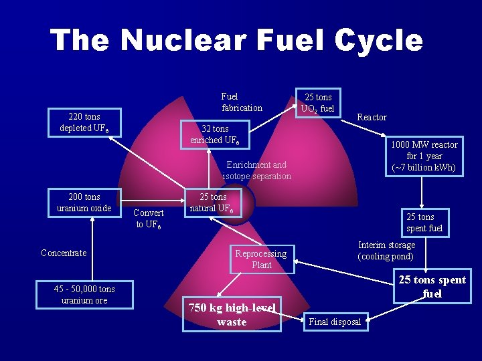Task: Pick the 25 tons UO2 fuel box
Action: tap(318, 103)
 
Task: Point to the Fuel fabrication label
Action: tap(242, 102)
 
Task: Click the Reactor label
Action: tap(372, 117)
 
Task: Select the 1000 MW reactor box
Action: tap(424, 156)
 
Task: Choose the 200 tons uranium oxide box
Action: tap(84, 203)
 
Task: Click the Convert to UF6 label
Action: tap(149, 218)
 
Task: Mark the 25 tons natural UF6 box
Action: tap(213, 203)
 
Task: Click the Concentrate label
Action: tap(64, 253)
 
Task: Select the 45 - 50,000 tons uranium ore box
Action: tap(84, 295)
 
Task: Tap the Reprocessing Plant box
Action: tap(261, 259)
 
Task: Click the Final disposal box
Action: tap(335, 322)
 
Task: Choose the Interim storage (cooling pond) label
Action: tap(386, 251)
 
